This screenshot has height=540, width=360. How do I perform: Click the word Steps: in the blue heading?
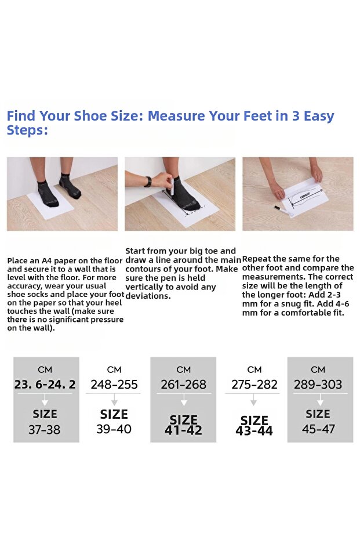(x=27, y=131)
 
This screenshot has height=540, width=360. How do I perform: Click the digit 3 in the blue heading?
(x=296, y=116)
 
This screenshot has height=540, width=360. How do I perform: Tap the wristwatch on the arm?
(x=148, y=182)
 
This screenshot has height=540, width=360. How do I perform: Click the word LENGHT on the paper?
(x=305, y=195)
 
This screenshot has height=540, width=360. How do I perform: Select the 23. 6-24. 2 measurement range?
(x=45, y=385)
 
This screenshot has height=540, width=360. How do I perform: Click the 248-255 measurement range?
(x=114, y=385)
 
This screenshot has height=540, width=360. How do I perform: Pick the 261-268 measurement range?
(x=183, y=385)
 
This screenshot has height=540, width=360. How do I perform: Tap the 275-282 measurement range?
(x=254, y=385)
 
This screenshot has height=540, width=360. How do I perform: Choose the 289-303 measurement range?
(x=318, y=385)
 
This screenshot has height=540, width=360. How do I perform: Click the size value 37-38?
(x=45, y=430)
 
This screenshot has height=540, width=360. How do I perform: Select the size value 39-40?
(x=114, y=429)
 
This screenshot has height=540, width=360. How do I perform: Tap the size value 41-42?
(x=183, y=430)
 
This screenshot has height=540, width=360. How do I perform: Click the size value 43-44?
(x=254, y=431)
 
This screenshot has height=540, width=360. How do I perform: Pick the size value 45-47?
(x=318, y=429)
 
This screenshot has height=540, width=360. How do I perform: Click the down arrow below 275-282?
(x=254, y=400)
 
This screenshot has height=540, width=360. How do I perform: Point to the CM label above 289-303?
(x=318, y=370)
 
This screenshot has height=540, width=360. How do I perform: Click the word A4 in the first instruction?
(x=47, y=260)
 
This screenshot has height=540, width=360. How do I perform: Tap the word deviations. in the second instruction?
(x=148, y=296)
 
